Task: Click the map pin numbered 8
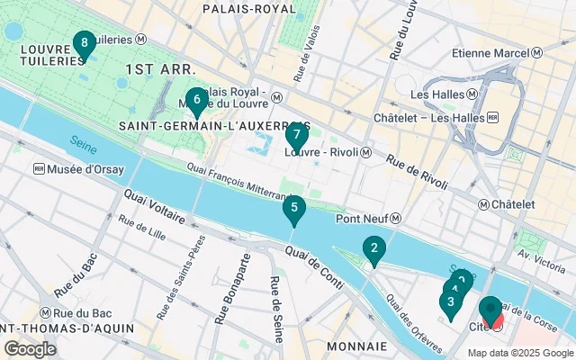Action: click(84, 43)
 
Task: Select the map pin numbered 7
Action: click(296, 136)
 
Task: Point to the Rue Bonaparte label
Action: click(242, 280)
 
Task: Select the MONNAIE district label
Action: click(356, 346)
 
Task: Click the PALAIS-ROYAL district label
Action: click(249, 8)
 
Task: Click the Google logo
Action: click(30, 348)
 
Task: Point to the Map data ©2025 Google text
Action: click(519, 353)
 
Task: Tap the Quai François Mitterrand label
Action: click(244, 178)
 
